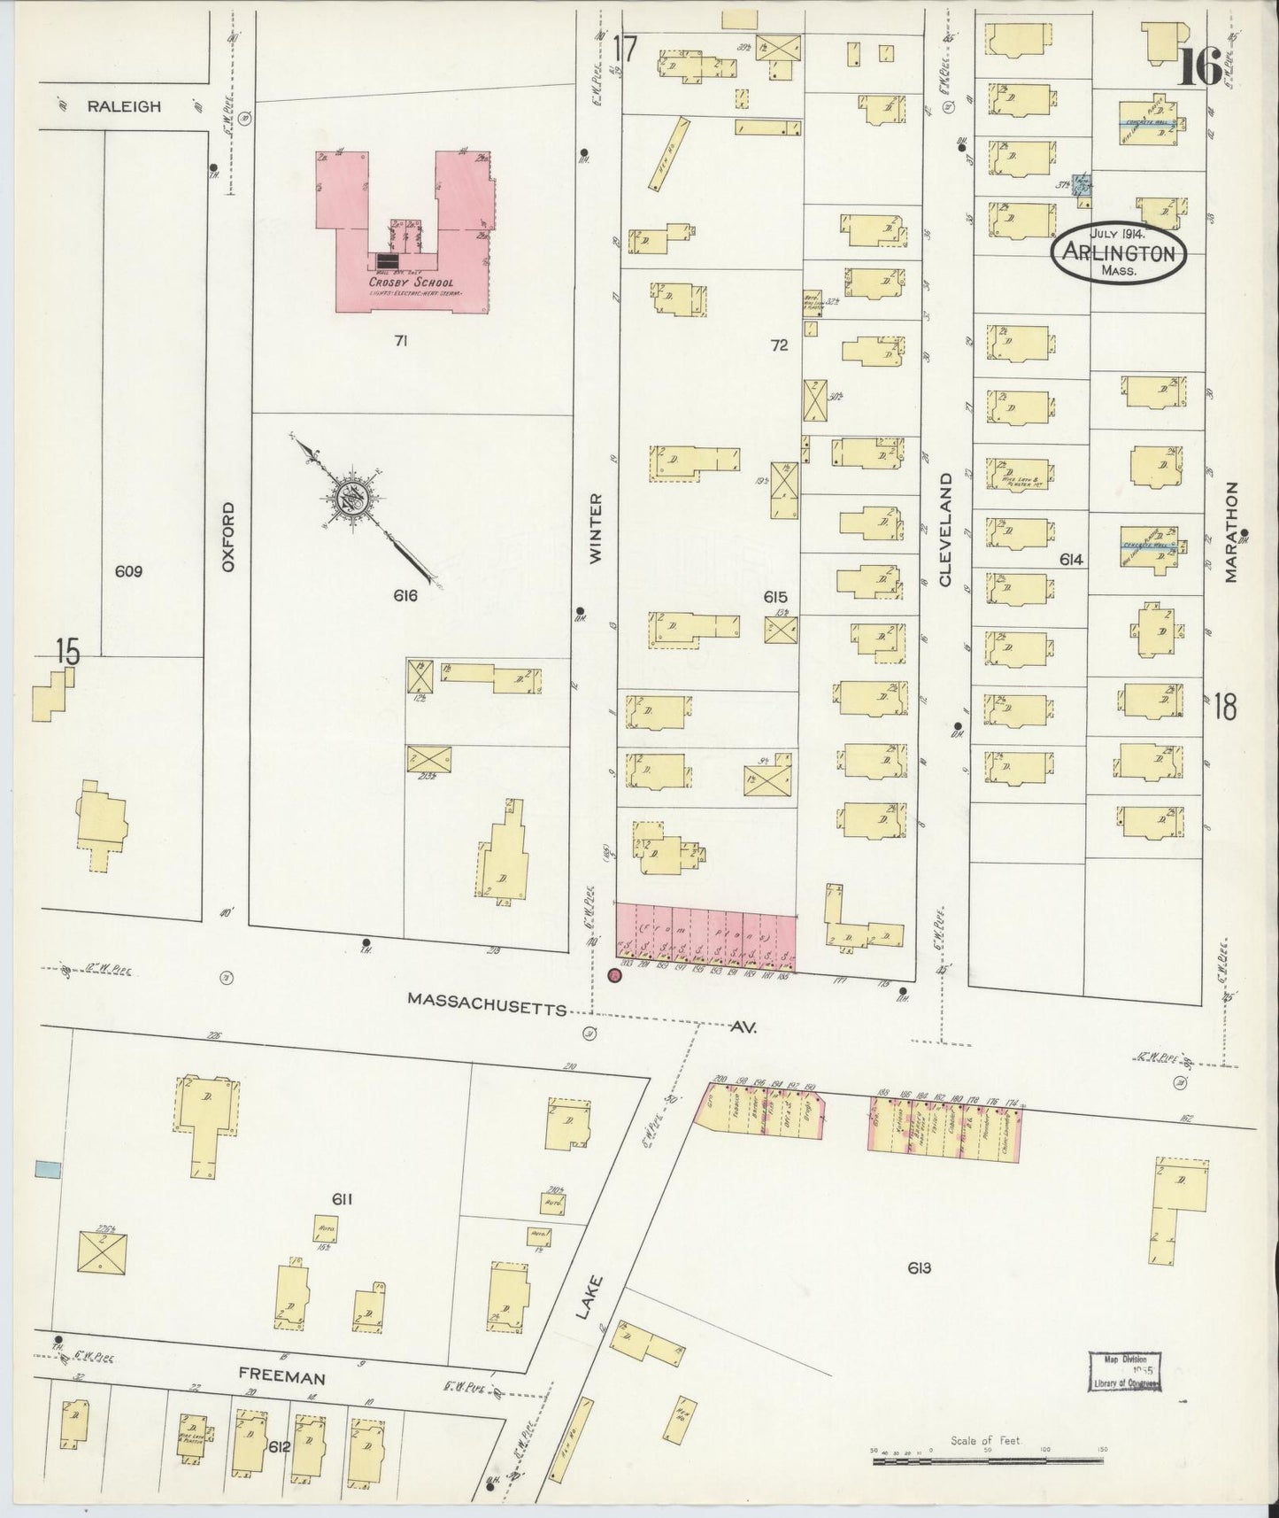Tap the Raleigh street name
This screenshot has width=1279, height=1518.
124,106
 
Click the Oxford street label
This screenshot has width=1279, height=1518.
228,536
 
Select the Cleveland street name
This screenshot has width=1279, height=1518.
944,529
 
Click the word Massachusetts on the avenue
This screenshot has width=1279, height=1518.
486,998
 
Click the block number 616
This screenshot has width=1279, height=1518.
405,596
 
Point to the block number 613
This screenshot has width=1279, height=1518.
919,1268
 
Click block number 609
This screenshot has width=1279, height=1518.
128,571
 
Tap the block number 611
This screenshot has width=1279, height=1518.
343,1199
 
